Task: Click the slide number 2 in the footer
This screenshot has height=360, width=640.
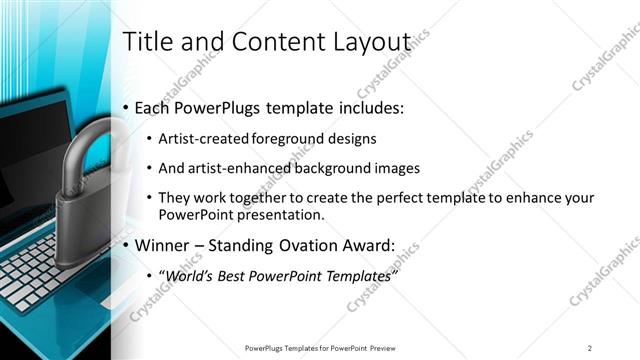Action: coord(589,347)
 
